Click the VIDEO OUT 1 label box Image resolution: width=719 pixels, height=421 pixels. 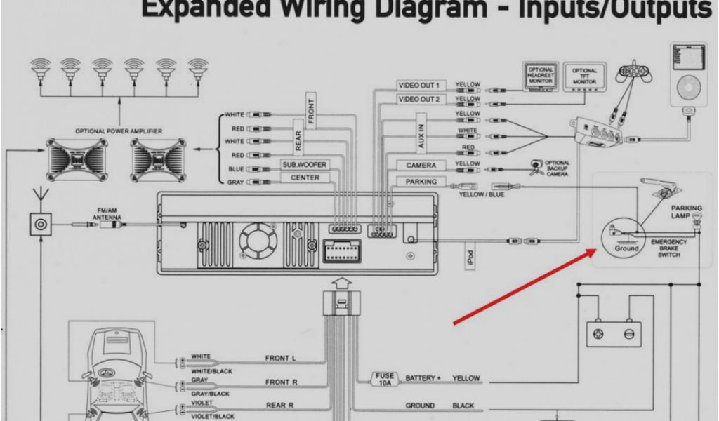point(418,86)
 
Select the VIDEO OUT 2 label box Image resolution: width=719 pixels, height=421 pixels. point(418,100)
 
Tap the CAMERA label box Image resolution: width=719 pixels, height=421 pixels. point(421,166)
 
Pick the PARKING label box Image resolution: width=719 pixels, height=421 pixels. point(421,182)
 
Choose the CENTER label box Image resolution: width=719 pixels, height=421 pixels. point(304,178)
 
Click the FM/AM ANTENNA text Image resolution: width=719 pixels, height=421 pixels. point(107,214)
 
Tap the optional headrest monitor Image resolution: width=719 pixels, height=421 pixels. point(540,76)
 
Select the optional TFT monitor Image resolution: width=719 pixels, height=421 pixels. point(584,76)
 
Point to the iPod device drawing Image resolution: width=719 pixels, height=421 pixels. point(687,74)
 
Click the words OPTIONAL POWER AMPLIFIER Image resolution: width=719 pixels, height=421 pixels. point(119,131)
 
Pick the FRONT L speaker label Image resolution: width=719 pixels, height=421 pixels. point(280,359)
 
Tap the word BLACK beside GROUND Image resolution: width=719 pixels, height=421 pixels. point(463,406)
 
